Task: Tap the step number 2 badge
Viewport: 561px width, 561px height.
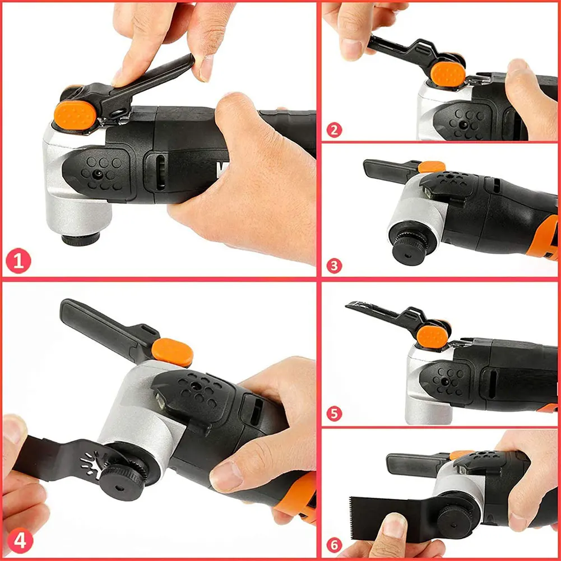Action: pyautogui.click(x=334, y=131)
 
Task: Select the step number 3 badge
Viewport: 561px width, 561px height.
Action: pyautogui.click(x=334, y=265)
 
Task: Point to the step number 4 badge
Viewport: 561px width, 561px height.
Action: pyautogui.click(x=18, y=542)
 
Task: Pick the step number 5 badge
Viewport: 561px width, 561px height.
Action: pyautogui.click(x=334, y=414)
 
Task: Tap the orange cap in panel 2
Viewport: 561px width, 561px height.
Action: pyautogui.click(x=446, y=73)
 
